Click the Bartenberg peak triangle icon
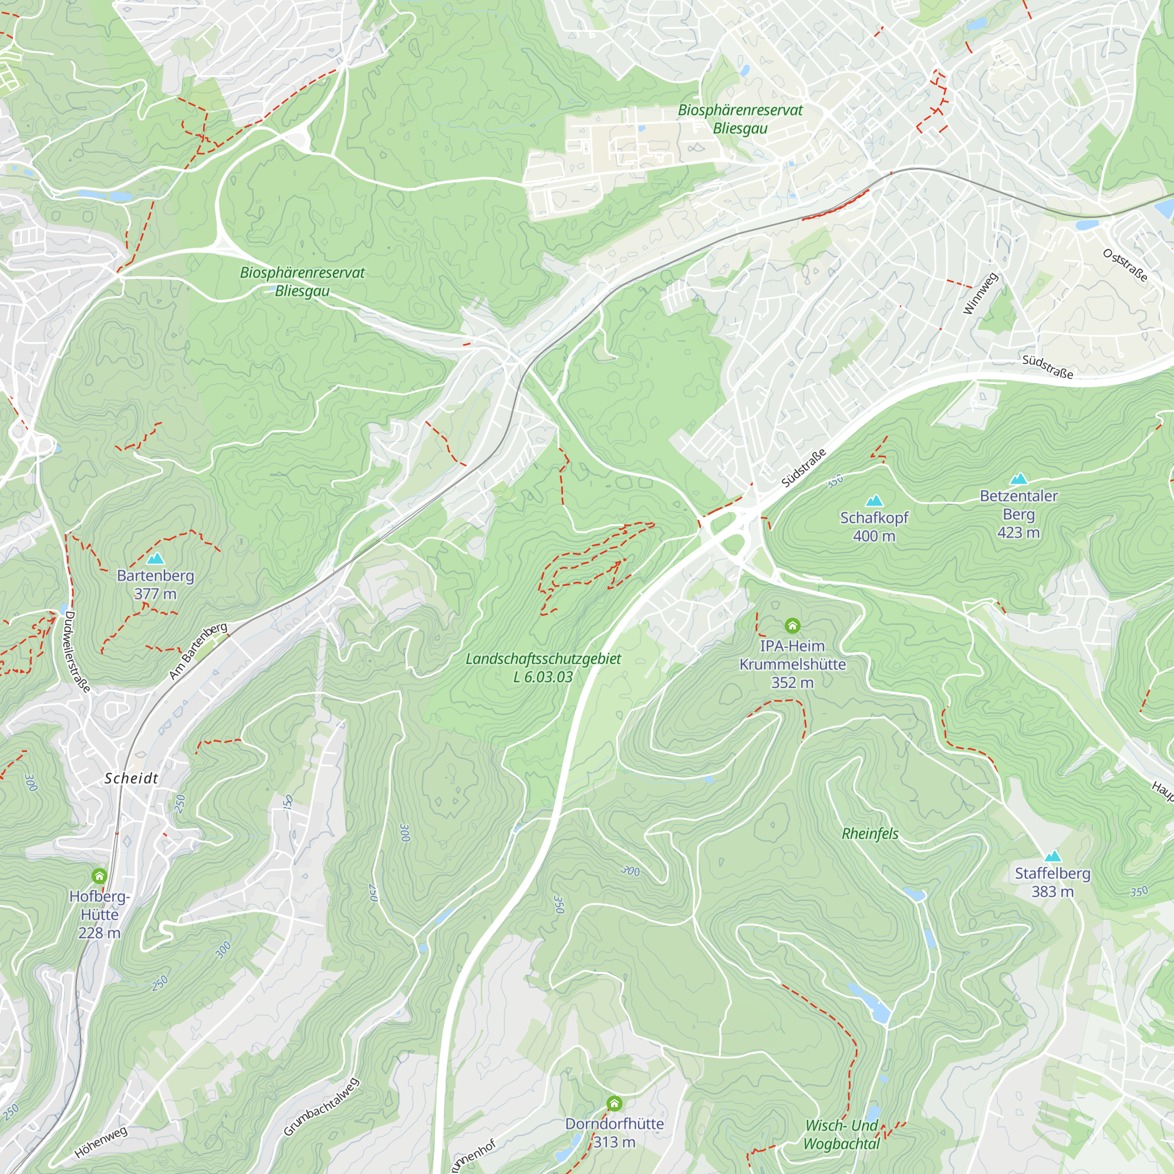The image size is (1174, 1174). (x=156, y=558)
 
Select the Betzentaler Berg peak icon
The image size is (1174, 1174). (x=1018, y=479)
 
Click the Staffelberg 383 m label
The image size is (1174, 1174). (x=1052, y=882)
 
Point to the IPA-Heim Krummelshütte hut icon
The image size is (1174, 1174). (x=792, y=625)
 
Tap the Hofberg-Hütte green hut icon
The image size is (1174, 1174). (x=100, y=876)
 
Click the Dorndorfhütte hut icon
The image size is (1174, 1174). (x=615, y=1103)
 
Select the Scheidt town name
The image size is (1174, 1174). (x=131, y=778)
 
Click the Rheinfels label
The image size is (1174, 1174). (x=869, y=834)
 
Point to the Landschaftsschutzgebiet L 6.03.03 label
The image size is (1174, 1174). (x=543, y=668)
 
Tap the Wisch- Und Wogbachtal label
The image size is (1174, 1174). (x=841, y=1135)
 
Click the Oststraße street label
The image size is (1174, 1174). (x=1125, y=265)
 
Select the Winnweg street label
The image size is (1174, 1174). (x=981, y=293)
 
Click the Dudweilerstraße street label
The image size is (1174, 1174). (x=77, y=652)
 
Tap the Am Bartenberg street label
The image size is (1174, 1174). (x=198, y=651)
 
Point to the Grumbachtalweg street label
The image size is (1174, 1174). (x=322, y=1107)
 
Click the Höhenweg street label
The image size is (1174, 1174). (x=102, y=1142)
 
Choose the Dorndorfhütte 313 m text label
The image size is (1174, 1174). (x=615, y=1133)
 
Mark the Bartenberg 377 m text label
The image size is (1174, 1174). (x=156, y=585)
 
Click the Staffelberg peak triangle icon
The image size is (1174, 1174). (x=1052, y=857)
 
